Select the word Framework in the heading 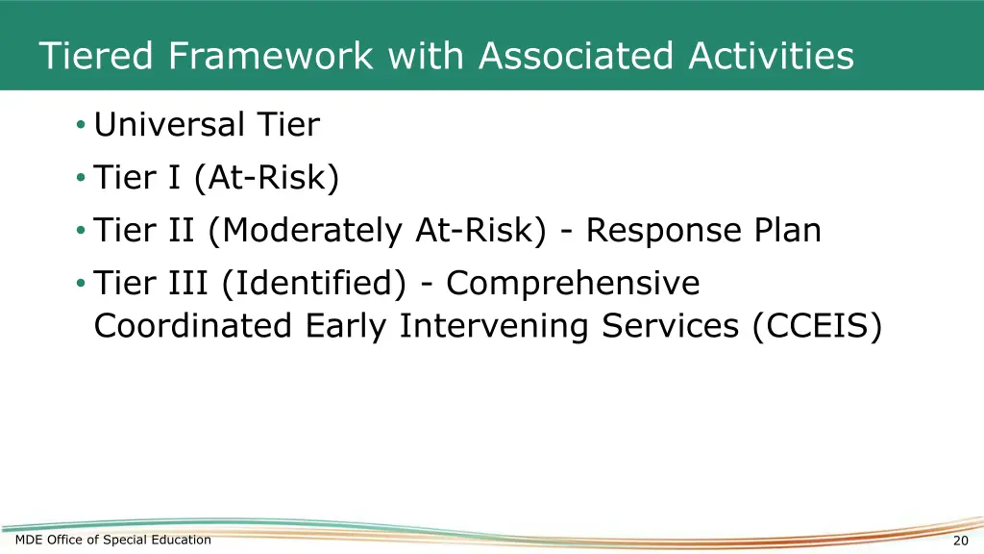pos(271,56)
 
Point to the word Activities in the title pos(771,56)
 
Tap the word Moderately pos(303,231)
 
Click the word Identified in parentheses pos(315,284)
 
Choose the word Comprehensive pos(573,284)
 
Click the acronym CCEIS pos(817,326)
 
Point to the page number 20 pos(960,541)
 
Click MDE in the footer pos(28,540)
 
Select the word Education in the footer pos(182,540)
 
